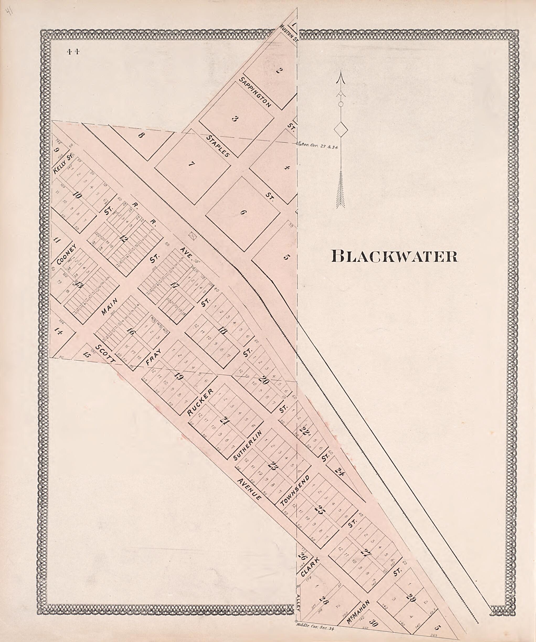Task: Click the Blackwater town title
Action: click(394, 257)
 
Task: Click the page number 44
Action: click(73, 52)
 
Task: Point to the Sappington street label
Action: click(255, 93)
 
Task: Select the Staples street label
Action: click(218, 146)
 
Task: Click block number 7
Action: click(192, 165)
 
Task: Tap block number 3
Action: click(235, 119)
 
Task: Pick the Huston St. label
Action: click(288, 34)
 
